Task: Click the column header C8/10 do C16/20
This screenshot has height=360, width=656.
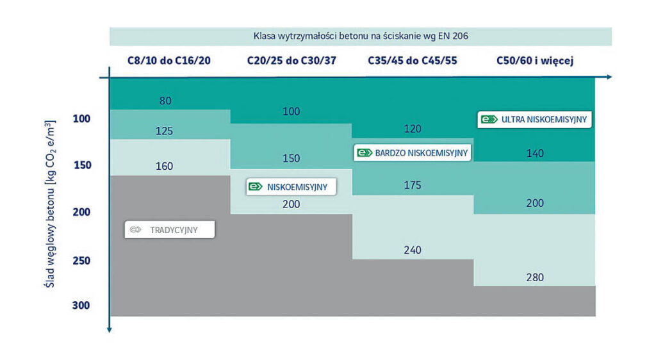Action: (x=168, y=61)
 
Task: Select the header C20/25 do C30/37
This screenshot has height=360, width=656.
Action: (x=291, y=61)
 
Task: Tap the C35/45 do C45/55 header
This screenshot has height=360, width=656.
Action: (x=413, y=61)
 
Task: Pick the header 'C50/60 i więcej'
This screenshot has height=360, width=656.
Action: (x=534, y=61)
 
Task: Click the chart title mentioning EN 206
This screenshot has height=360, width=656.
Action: (x=361, y=36)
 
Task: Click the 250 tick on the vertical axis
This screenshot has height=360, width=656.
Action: (x=81, y=261)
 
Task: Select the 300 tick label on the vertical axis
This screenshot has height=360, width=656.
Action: (x=81, y=306)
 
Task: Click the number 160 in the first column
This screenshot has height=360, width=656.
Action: (x=165, y=167)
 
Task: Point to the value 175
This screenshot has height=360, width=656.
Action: (x=413, y=186)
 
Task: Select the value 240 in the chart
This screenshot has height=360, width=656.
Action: (x=413, y=250)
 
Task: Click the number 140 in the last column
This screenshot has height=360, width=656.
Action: (x=534, y=154)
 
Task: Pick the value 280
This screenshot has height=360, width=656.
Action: (x=534, y=277)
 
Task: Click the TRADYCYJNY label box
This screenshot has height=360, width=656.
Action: (x=170, y=229)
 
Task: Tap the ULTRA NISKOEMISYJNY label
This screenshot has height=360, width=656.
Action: (x=536, y=119)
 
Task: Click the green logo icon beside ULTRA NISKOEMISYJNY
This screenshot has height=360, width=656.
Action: (x=489, y=119)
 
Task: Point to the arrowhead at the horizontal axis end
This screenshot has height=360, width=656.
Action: (x=609, y=77)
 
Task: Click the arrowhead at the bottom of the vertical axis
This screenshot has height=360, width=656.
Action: (x=110, y=329)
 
